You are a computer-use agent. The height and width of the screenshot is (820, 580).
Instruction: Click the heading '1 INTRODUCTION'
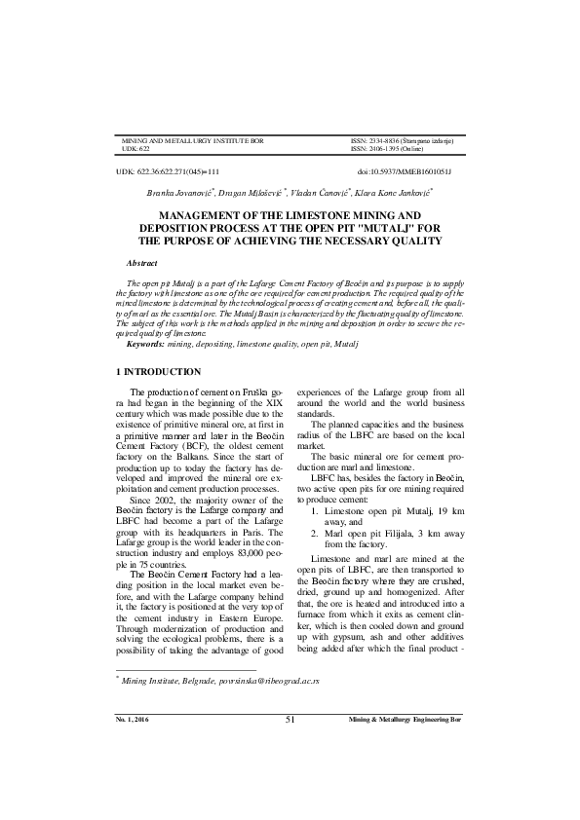(158, 373)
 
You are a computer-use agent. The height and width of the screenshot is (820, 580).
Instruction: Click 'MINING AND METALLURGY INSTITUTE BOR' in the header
(192, 142)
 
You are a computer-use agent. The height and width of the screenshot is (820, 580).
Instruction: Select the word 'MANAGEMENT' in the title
(202, 214)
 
